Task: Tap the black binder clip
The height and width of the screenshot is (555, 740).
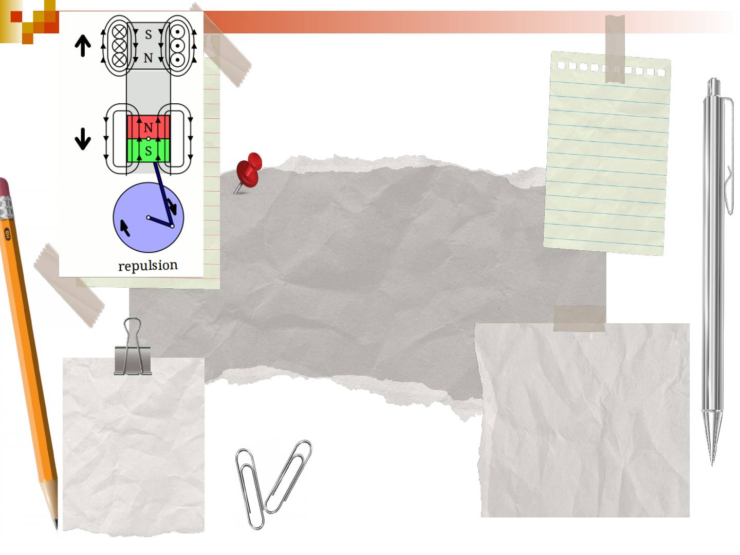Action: pos(133,350)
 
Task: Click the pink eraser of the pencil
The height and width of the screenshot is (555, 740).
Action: pos(4,188)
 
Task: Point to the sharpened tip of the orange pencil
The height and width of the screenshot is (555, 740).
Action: pos(56,526)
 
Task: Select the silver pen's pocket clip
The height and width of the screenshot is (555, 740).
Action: pos(728,155)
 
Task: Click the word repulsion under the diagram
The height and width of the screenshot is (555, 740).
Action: pos(147,266)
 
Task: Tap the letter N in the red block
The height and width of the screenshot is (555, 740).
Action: pos(149,127)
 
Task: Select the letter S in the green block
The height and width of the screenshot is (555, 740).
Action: pos(149,151)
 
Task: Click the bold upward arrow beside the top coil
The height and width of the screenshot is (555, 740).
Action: pos(83,46)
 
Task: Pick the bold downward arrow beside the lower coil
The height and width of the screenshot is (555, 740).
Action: pos(83,139)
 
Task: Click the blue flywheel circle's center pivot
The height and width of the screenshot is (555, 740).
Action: pos(149,218)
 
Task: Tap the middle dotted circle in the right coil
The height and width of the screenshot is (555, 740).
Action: pos(177,46)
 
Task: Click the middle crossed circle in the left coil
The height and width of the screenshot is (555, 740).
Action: pos(119,46)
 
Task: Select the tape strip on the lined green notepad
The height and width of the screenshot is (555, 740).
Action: pos(615,49)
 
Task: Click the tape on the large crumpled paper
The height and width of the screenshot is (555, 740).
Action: pos(579,319)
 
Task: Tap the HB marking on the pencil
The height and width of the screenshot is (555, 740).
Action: pos(7,234)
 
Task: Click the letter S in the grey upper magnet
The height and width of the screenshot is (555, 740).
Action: pos(149,34)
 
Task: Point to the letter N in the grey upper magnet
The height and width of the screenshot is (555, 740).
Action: pos(149,58)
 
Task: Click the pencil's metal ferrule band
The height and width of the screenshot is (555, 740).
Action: pos(6,207)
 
